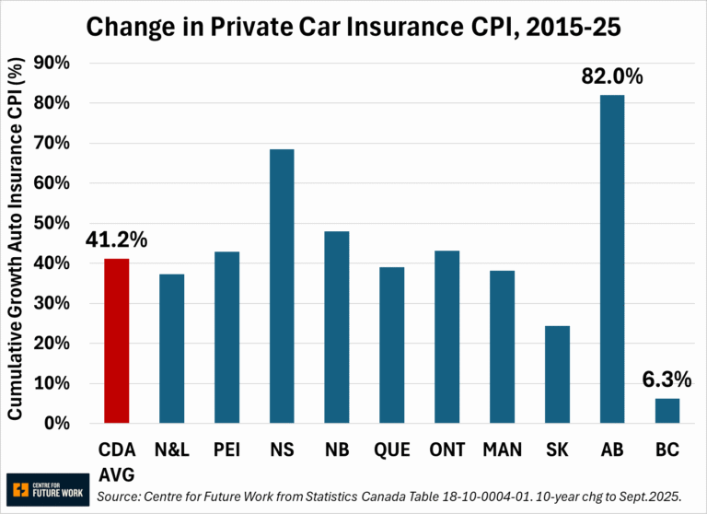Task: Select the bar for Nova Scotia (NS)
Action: click(x=281, y=286)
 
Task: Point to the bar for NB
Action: click(x=336, y=327)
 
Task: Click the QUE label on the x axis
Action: click(x=391, y=450)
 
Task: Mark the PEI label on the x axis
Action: click(x=226, y=450)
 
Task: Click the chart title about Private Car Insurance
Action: click(x=353, y=27)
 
